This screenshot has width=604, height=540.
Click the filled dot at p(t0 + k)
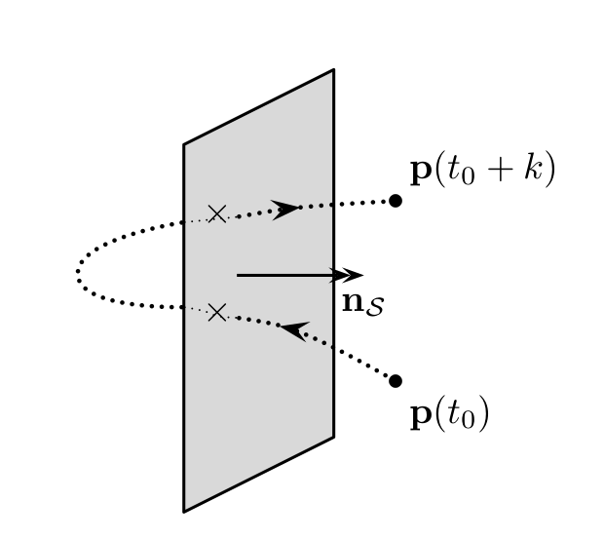click(x=396, y=201)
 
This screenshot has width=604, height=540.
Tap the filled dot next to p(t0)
click(x=396, y=381)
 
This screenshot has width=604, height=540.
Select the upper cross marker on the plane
click(x=217, y=213)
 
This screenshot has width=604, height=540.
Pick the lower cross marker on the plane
click(x=217, y=312)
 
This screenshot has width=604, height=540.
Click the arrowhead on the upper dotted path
click(x=286, y=209)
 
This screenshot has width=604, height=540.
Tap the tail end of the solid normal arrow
click(x=238, y=276)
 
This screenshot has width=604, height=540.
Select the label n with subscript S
click(x=359, y=303)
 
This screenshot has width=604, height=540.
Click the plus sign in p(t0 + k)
click(x=498, y=172)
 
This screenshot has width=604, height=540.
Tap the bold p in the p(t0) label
click(x=421, y=416)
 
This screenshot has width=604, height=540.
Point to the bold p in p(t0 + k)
click(x=421, y=172)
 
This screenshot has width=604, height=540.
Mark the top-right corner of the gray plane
click(x=334, y=69)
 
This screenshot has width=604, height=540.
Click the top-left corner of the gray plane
click(x=184, y=145)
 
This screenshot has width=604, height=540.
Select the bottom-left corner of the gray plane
click(x=184, y=511)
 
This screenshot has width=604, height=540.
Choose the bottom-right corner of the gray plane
click(x=334, y=436)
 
